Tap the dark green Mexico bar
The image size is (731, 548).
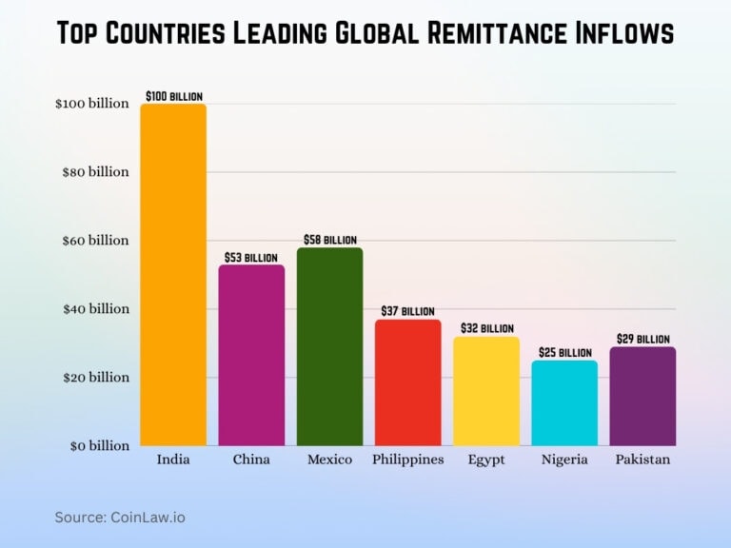click(329, 346)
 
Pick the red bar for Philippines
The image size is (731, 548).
click(407, 382)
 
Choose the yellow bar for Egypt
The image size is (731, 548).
click(486, 391)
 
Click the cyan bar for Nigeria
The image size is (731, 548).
click(564, 402)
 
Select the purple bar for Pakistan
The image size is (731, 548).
click(642, 396)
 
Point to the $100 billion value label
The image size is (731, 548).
click(173, 96)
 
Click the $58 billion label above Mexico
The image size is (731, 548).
click(329, 240)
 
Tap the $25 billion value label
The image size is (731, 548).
click(564, 352)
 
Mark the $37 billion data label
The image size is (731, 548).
click(407, 311)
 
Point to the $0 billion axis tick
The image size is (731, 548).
click(95, 445)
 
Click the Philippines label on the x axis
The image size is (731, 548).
click(407, 460)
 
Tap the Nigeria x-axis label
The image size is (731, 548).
click(564, 460)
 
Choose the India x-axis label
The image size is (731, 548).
click(173, 460)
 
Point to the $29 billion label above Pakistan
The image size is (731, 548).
click(642, 339)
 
